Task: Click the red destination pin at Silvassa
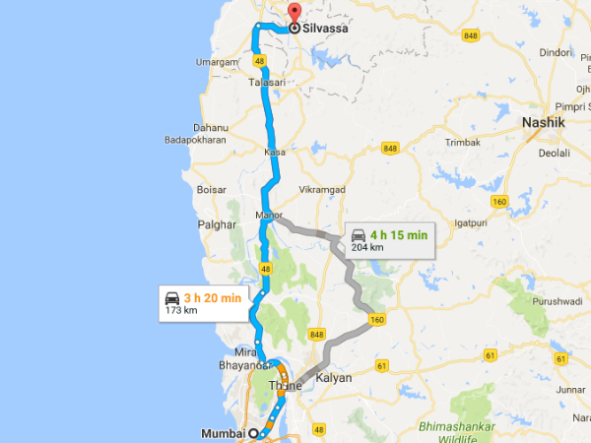tap(292, 14)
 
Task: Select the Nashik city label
tap(543, 122)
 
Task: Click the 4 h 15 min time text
tap(399, 234)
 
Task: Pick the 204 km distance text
tap(366, 247)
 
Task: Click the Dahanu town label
tap(211, 127)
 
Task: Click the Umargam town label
tap(218, 61)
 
